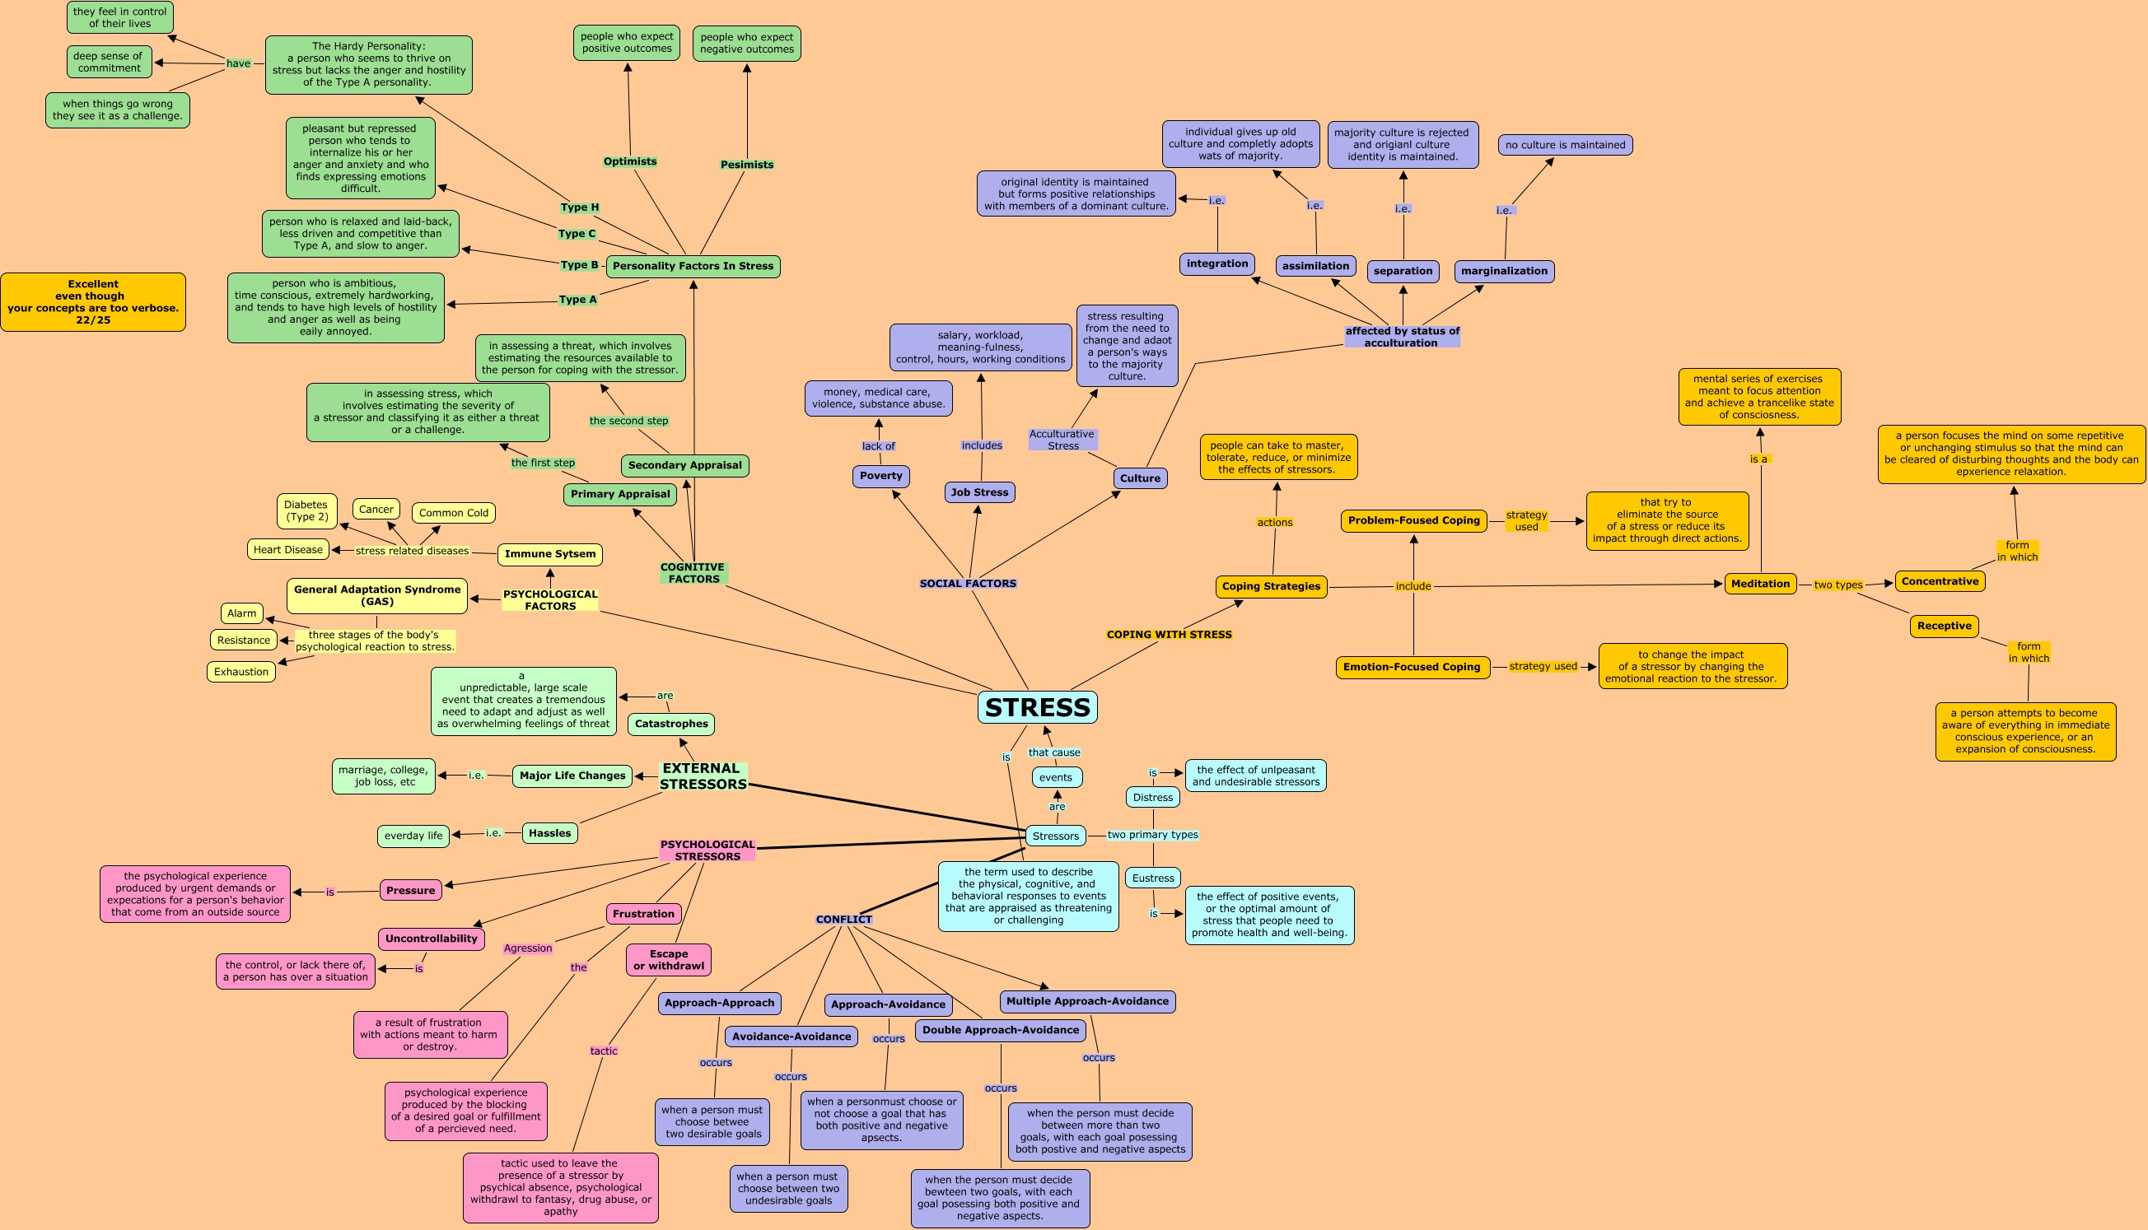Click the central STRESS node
pyautogui.click(x=1037, y=707)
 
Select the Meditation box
pyautogui.click(x=1760, y=584)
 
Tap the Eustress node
pyautogui.click(x=1152, y=878)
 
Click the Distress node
pyautogui.click(x=1152, y=798)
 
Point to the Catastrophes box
pyautogui.click(x=671, y=724)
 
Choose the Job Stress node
pyautogui.click(x=979, y=492)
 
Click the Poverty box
pyautogui.click(x=880, y=477)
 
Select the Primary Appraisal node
pyautogui.click(x=619, y=494)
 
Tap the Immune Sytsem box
pyautogui.click(x=550, y=554)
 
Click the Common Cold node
pyautogui.click(x=453, y=513)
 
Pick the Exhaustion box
pyautogui.click(x=240, y=672)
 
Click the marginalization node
pyautogui.click(x=1504, y=271)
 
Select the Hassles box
pyautogui.click(x=549, y=833)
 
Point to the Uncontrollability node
pyautogui.click(x=431, y=939)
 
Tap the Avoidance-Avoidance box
pyautogui.click(x=791, y=1037)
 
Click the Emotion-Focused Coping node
pyautogui.click(x=1412, y=668)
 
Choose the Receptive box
pyautogui.click(x=1944, y=626)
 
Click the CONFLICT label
pyautogui.click(x=843, y=919)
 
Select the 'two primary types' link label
pyautogui.click(x=1152, y=835)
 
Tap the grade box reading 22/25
pyautogui.click(x=93, y=302)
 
